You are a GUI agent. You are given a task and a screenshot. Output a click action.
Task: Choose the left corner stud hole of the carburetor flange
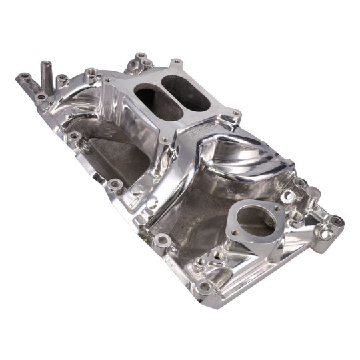[108, 82]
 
